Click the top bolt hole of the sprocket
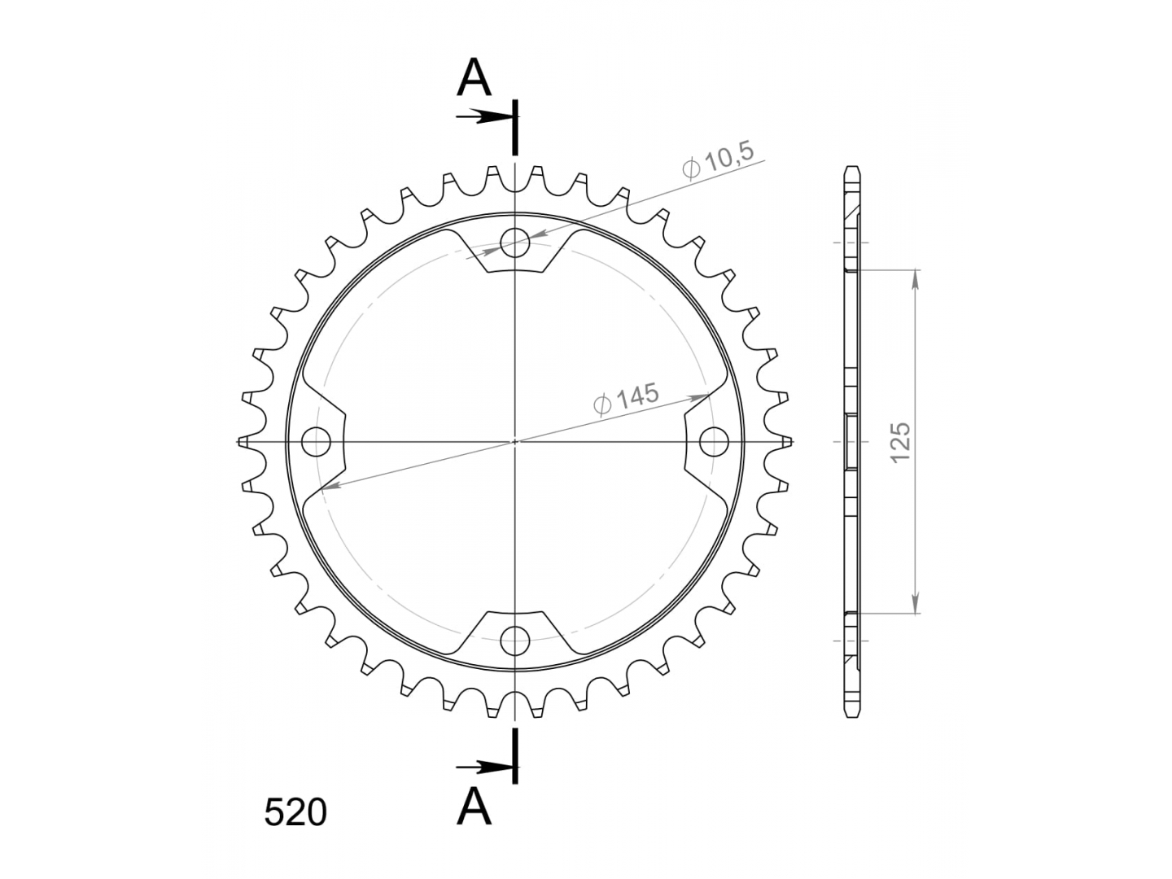pyautogui.click(x=514, y=243)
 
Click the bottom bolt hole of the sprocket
pyautogui.click(x=514, y=640)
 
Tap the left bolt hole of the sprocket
pyautogui.click(x=316, y=441)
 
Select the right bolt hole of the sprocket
pyautogui.click(x=714, y=441)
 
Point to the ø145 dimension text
pyautogui.click(x=627, y=399)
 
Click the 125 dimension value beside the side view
pyautogui.click(x=901, y=443)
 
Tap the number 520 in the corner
pyautogui.click(x=295, y=813)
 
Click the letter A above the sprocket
pyautogui.click(x=474, y=77)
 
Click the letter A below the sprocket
pyautogui.click(x=474, y=807)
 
